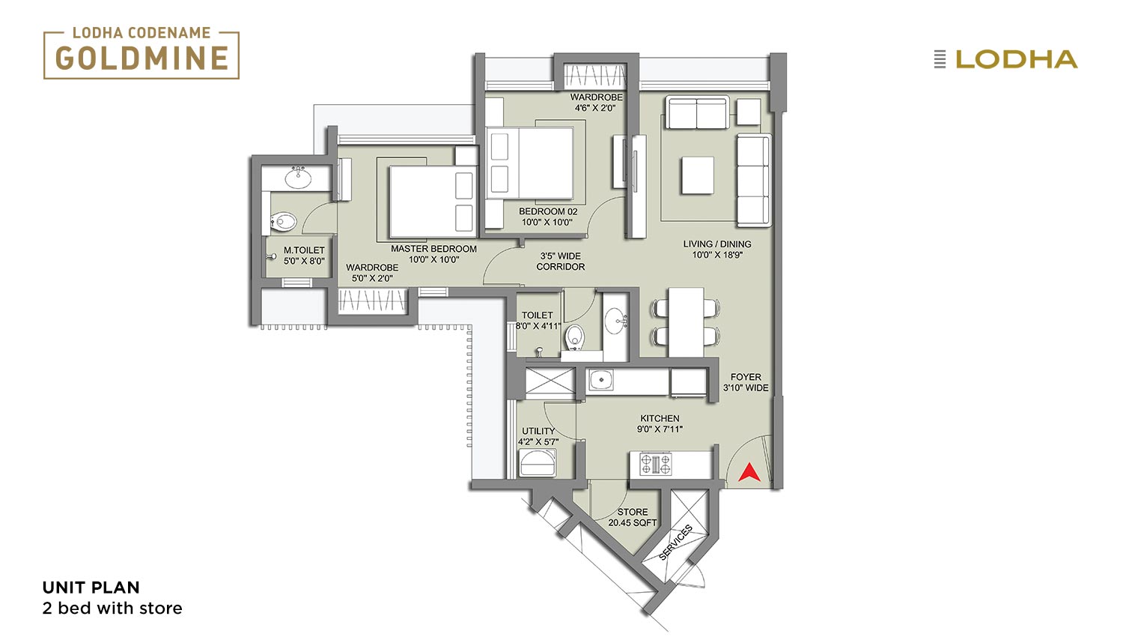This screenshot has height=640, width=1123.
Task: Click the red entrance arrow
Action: (749, 472)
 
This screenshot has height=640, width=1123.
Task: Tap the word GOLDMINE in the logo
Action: (142, 58)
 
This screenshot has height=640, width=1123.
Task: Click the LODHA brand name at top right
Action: (1017, 59)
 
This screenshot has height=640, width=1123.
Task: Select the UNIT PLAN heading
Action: (91, 588)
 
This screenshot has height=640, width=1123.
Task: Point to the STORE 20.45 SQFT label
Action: (632, 517)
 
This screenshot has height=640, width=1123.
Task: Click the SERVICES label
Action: (675, 542)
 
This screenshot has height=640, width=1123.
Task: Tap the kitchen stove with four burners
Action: (655, 464)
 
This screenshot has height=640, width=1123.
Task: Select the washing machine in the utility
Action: (538, 462)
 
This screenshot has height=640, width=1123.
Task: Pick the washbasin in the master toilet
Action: (299, 178)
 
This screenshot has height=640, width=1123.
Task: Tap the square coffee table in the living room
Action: (697, 175)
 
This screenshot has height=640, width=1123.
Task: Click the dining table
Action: (686, 321)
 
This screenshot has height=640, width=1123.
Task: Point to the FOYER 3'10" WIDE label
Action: (746, 382)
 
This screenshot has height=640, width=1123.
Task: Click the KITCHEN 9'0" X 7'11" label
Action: (660, 423)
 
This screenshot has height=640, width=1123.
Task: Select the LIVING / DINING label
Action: (717, 244)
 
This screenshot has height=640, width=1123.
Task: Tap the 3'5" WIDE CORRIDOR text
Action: (561, 261)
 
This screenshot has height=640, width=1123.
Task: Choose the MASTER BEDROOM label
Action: (433, 249)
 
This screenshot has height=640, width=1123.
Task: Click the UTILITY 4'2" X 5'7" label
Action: (538, 436)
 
